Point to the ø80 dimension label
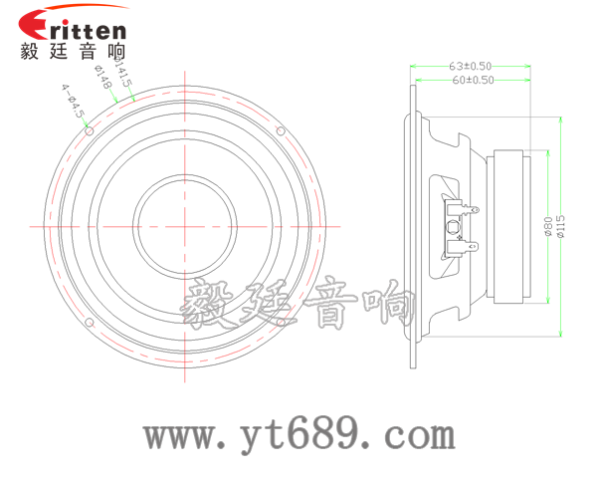tap(546, 228)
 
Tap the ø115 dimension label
tap(560, 228)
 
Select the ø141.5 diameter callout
tap(122, 77)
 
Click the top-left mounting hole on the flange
tap(91, 130)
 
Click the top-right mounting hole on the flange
tap(281, 130)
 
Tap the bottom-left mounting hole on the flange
tap(91, 324)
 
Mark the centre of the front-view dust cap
tap(185, 227)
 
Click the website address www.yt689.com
tap(298, 435)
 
